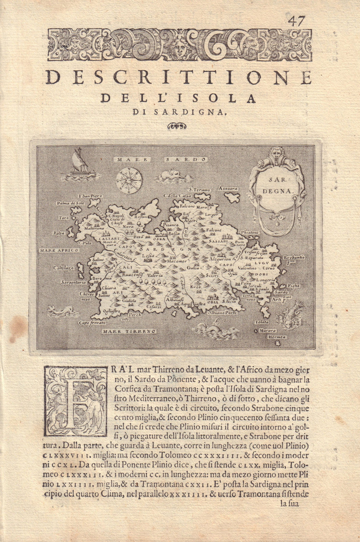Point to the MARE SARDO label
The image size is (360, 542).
[x=160, y=159]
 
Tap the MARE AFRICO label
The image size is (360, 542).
[x=59, y=250]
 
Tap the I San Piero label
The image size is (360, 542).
[x=90, y=196]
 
